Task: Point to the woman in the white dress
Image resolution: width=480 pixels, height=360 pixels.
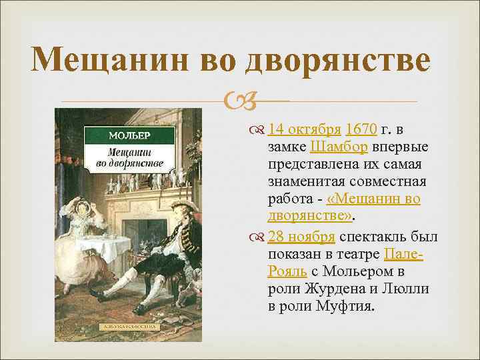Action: point(84,240)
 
